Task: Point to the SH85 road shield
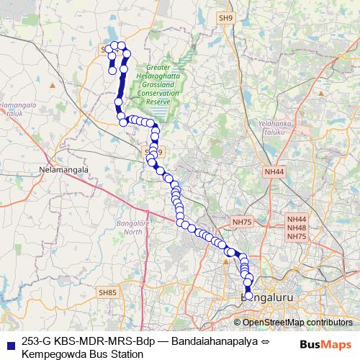point(107,292)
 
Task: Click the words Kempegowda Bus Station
point(84,354)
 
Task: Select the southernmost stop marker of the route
point(249,296)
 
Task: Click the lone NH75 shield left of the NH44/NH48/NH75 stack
point(240,222)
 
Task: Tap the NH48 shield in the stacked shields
point(297,228)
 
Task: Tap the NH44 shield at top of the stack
point(297,219)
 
